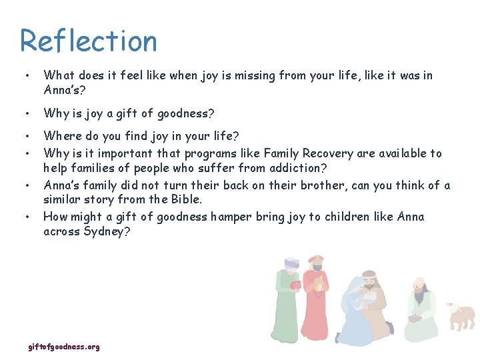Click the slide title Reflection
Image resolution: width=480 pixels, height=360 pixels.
coord(89,41)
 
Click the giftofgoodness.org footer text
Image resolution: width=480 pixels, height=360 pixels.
coord(64,347)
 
